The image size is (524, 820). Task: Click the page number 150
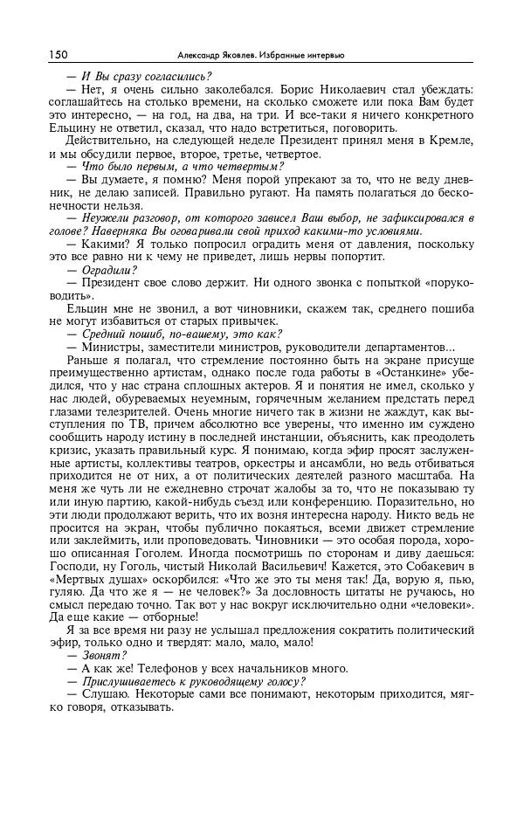(x=59, y=54)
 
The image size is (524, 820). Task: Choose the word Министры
(x=112, y=348)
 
